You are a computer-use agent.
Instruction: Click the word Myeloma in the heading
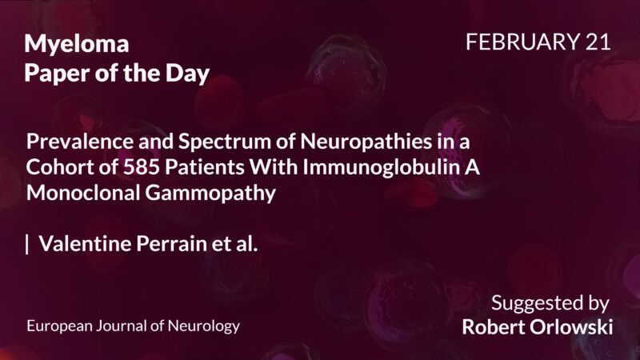(77, 45)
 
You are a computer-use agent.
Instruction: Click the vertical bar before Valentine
(28, 245)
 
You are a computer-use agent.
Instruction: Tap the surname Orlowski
(575, 327)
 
